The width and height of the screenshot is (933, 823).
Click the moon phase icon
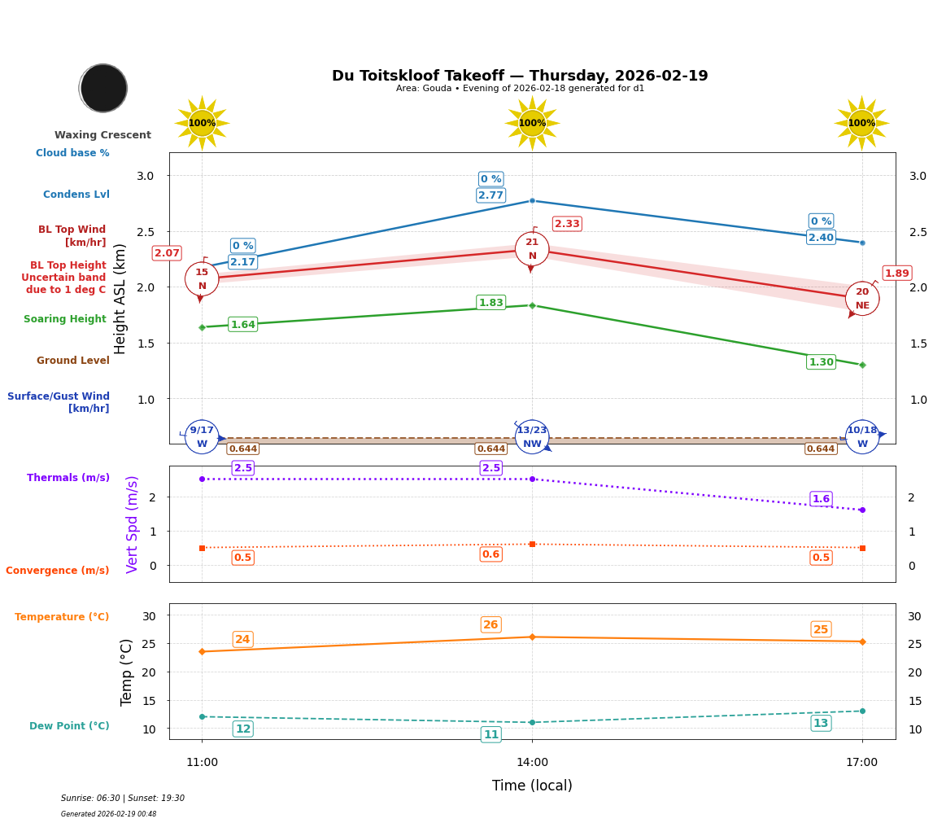pos(103,88)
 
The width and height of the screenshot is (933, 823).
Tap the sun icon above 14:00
pos(532,123)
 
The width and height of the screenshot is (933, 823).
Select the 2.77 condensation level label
pos(490,195)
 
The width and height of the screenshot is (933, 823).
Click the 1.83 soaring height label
pos(490,303)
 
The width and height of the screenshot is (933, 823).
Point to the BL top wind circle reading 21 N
pos(532,249)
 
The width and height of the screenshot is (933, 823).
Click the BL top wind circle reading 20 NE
pos(861,299)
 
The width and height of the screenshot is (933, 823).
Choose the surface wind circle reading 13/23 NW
pos(532,437)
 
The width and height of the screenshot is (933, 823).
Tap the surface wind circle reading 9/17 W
pos(202,437)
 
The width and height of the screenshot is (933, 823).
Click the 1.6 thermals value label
pos(821,499)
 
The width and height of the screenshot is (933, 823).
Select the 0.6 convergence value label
pos(490,554)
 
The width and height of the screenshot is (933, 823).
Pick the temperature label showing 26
pos(490,625)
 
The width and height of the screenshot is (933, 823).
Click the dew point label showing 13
pos(821,723)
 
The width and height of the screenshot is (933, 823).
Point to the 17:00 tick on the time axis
pos(861,763)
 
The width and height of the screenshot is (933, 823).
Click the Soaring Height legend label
pos(65,319)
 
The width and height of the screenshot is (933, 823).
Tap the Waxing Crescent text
pos(102,135)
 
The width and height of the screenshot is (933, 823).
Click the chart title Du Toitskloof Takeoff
pos(520,76)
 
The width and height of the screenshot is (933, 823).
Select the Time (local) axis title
pos(532,786)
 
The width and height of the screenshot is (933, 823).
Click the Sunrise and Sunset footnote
pos(123,799)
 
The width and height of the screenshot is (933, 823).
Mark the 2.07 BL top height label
pos(167,253)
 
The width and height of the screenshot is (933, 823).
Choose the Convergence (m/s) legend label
pos(58,571)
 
